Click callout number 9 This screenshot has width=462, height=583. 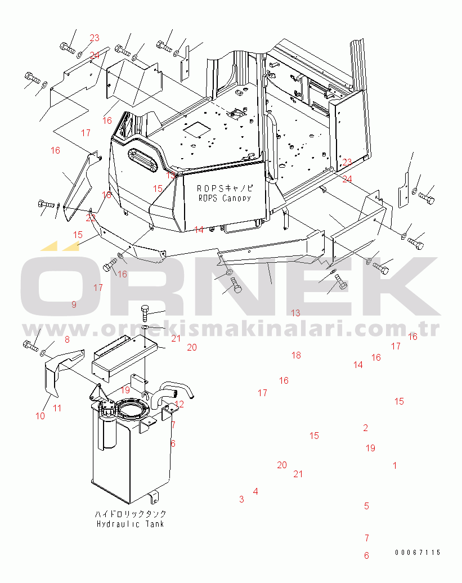(74, 304)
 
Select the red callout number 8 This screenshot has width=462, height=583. (67, 339)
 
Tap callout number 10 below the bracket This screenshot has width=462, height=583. (40, 416)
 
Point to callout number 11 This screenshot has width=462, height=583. (57, 409)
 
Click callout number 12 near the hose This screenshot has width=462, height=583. (179, 404)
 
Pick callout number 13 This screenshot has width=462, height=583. (295, 313)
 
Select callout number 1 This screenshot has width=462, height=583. (394, 465)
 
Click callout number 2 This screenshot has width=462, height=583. (365, 428)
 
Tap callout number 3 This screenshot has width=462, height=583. (241, 499)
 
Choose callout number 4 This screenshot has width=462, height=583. (255, 491)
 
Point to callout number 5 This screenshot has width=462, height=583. (366, 506)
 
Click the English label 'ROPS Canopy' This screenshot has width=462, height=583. (225, 198)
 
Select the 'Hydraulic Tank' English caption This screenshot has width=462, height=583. (130, 524)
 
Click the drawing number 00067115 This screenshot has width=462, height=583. (417, 553)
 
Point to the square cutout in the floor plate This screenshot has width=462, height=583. (197, 129)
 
